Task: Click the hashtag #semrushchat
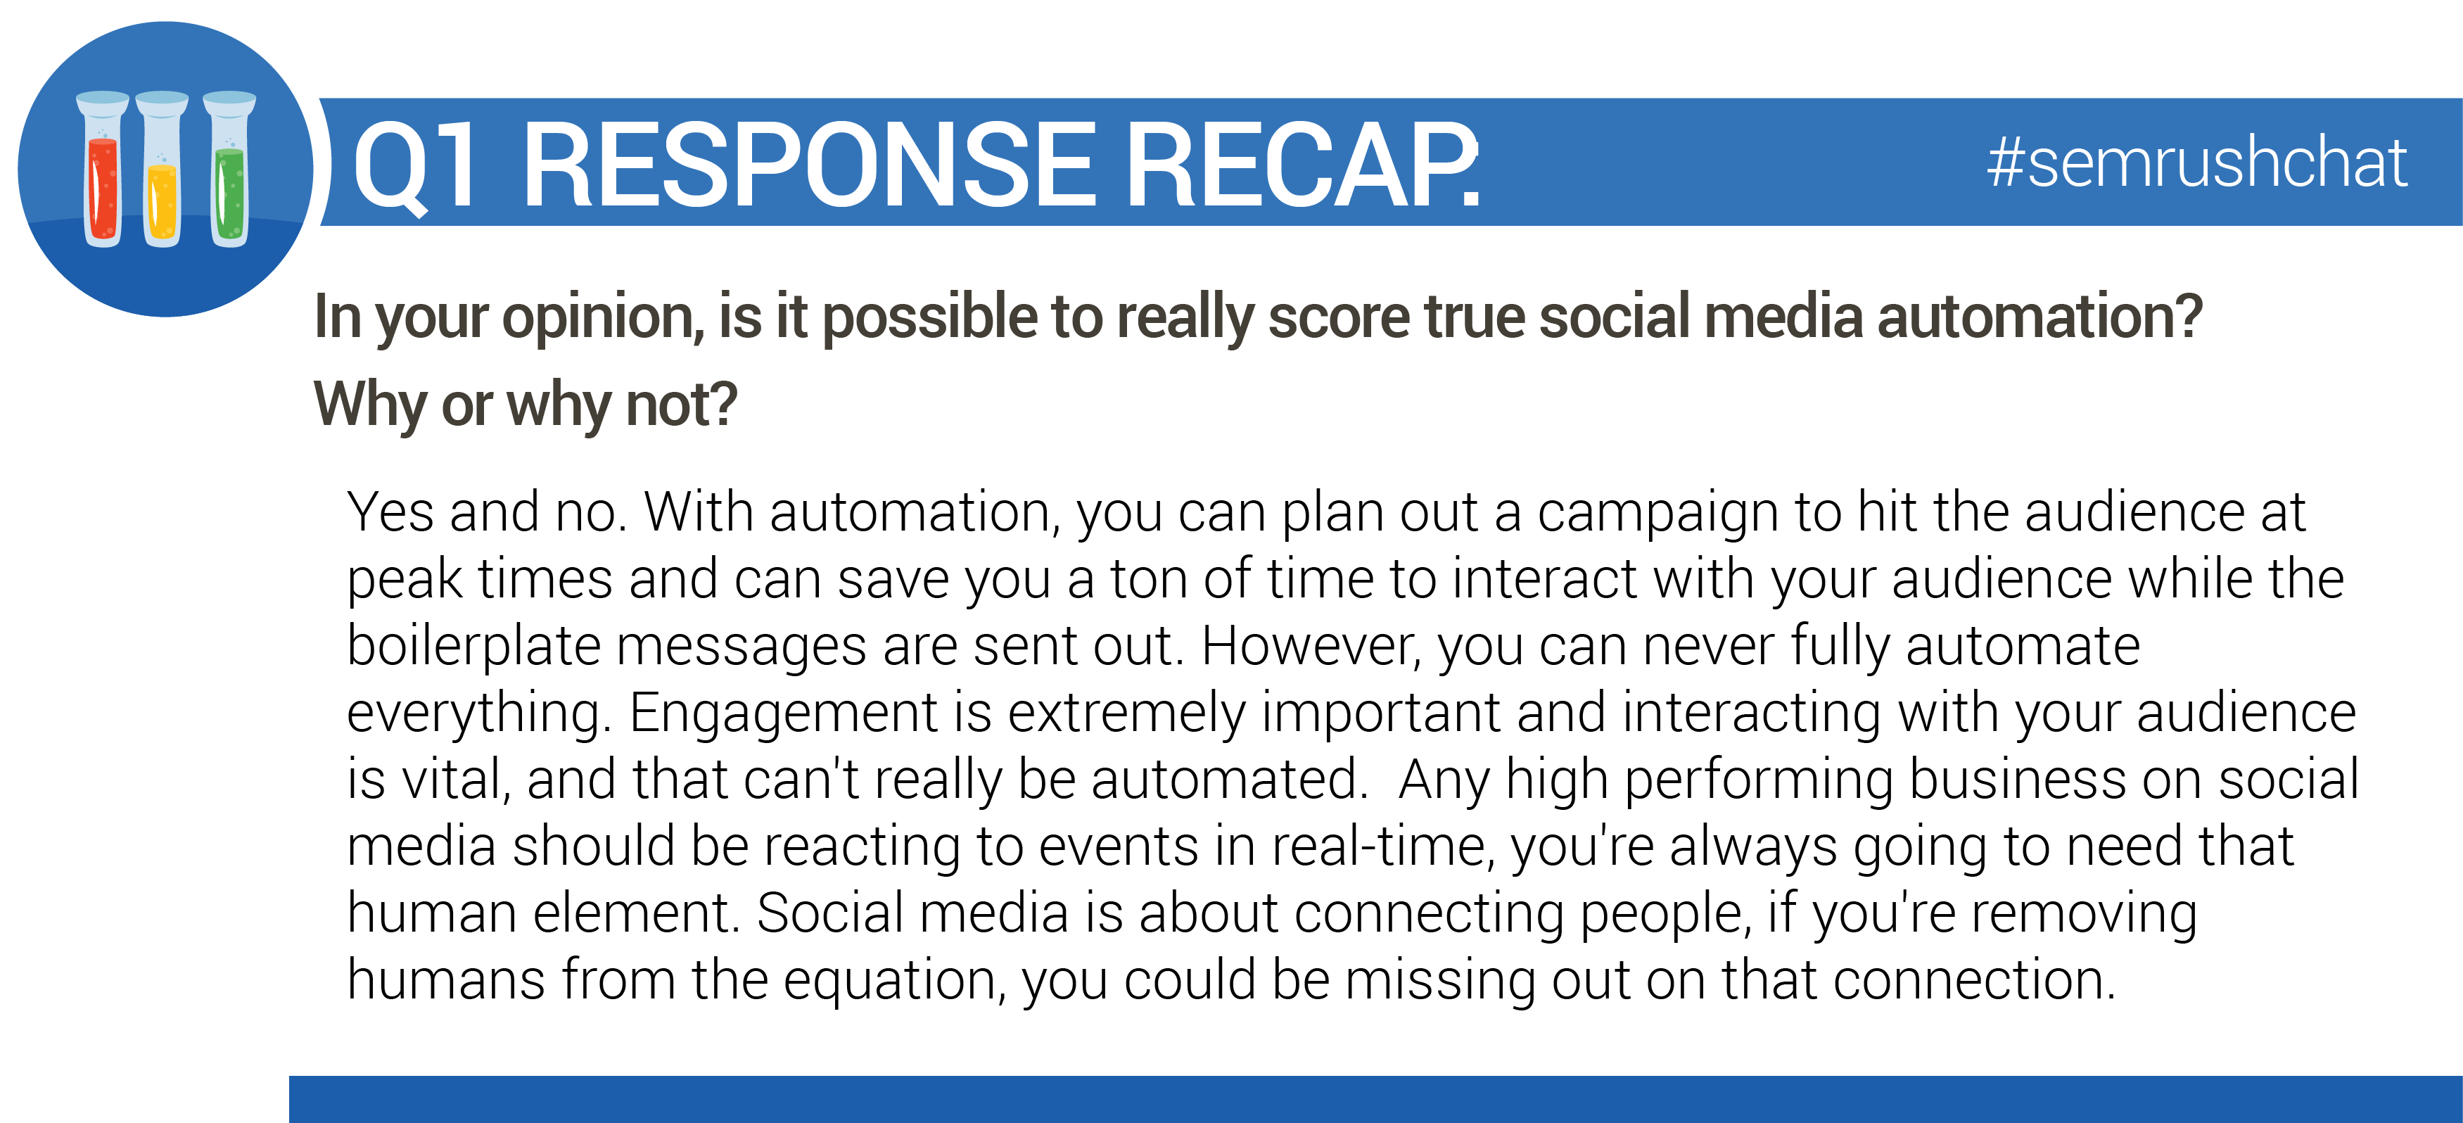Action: point(2196,163)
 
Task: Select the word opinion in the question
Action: point(602,319)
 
